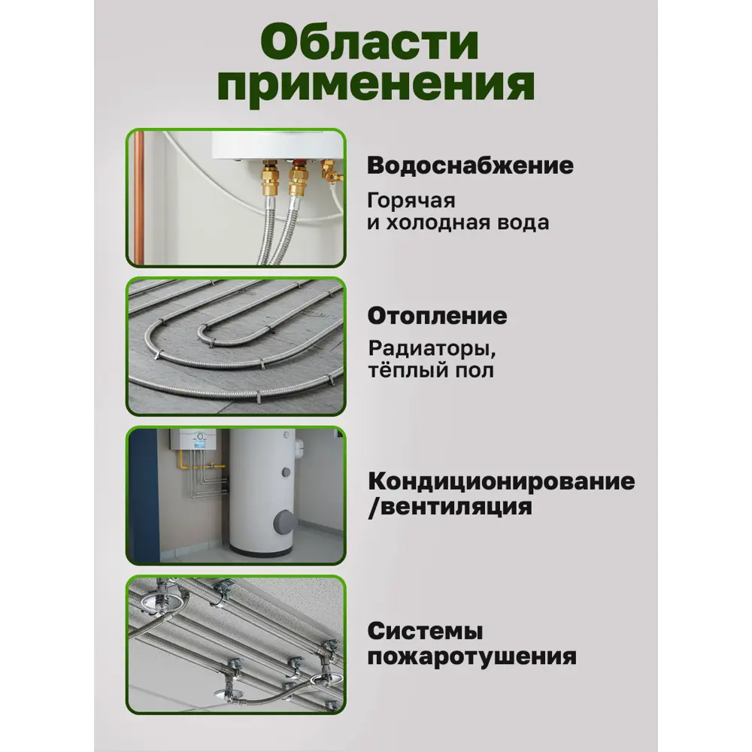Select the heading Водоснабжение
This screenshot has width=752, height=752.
coord(470,165)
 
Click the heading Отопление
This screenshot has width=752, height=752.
coord(437,316)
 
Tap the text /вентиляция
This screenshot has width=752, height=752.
coord(449,506)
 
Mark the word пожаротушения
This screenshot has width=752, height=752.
coord(472,656)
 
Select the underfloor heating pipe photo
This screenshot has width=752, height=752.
coord(236,346)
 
